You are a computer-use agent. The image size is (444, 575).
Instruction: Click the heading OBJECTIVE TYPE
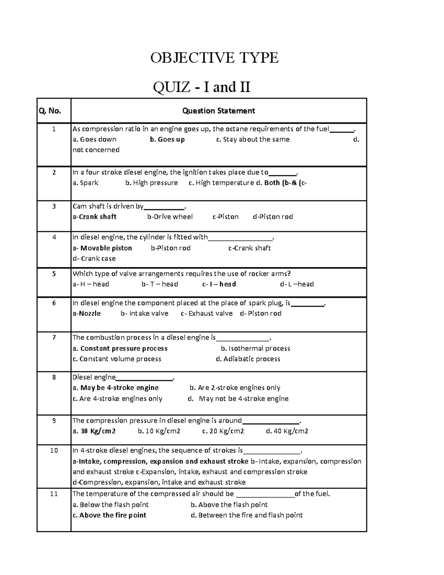pos(214,58)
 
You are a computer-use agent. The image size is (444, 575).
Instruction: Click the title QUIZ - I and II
pos(202,87)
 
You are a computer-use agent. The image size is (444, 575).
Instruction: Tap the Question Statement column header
pos(219,111)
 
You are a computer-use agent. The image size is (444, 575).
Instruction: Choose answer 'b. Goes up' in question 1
pos(167,140)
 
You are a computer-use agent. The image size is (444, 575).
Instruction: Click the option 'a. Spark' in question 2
pos(85,183)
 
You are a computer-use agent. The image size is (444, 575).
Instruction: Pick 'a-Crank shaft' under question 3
pos(95,217)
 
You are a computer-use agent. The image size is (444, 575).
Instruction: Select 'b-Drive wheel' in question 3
pos(170,217)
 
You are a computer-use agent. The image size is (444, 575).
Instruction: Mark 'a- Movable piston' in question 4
pos(102,248)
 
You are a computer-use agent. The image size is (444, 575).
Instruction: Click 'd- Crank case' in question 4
pos(94,258)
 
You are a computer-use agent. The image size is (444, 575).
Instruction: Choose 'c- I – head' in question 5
pos(219,284)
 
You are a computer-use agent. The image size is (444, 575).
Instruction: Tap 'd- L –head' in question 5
pos(297,284)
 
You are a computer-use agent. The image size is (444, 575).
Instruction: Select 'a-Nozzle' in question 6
pos(87,314)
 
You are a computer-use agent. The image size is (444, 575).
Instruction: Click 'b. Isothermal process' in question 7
pos(255,348)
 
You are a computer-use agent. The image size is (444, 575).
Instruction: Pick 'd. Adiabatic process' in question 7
pos(248,359)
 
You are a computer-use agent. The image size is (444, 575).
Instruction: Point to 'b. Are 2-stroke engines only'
pos(235,388)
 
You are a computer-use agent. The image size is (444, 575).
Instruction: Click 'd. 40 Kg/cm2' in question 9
pos(287,431)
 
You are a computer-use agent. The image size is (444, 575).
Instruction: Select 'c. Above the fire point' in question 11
pos(110,515)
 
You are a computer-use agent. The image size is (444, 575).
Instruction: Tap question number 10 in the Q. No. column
pos(54,451)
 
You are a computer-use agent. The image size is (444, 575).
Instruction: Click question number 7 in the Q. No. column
pos(54,338)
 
